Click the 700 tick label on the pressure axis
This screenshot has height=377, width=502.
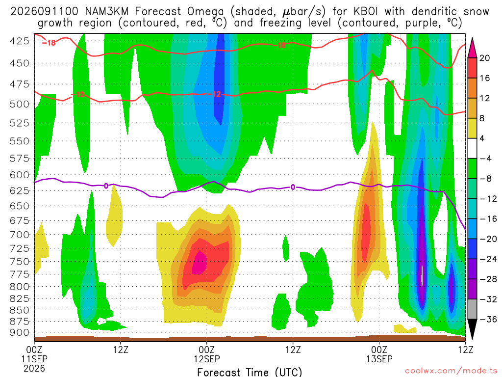(19, 235)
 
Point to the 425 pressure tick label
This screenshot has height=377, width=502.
(19, 41)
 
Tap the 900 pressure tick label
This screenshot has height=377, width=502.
(19, 332)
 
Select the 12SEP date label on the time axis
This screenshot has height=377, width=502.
(206, 359)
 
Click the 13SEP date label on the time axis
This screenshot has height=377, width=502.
(379, 359)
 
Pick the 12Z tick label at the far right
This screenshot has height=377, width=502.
(465, 350)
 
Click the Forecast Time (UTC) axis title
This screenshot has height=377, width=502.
(250, 372)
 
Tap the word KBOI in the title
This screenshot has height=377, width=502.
(366, 12)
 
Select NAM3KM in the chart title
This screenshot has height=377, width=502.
(106, 12)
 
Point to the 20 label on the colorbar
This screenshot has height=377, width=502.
(484, 58)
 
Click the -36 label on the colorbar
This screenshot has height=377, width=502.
(488, 319)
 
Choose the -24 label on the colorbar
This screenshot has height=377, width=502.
(488, 259)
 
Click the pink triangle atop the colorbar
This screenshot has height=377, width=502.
(472, 49)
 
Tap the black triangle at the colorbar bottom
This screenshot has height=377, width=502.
(472, 329)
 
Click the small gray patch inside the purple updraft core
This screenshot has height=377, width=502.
(422, 275)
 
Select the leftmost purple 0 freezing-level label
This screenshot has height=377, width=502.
(106, 186)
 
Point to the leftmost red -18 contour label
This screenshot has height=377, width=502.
(49, 43)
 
